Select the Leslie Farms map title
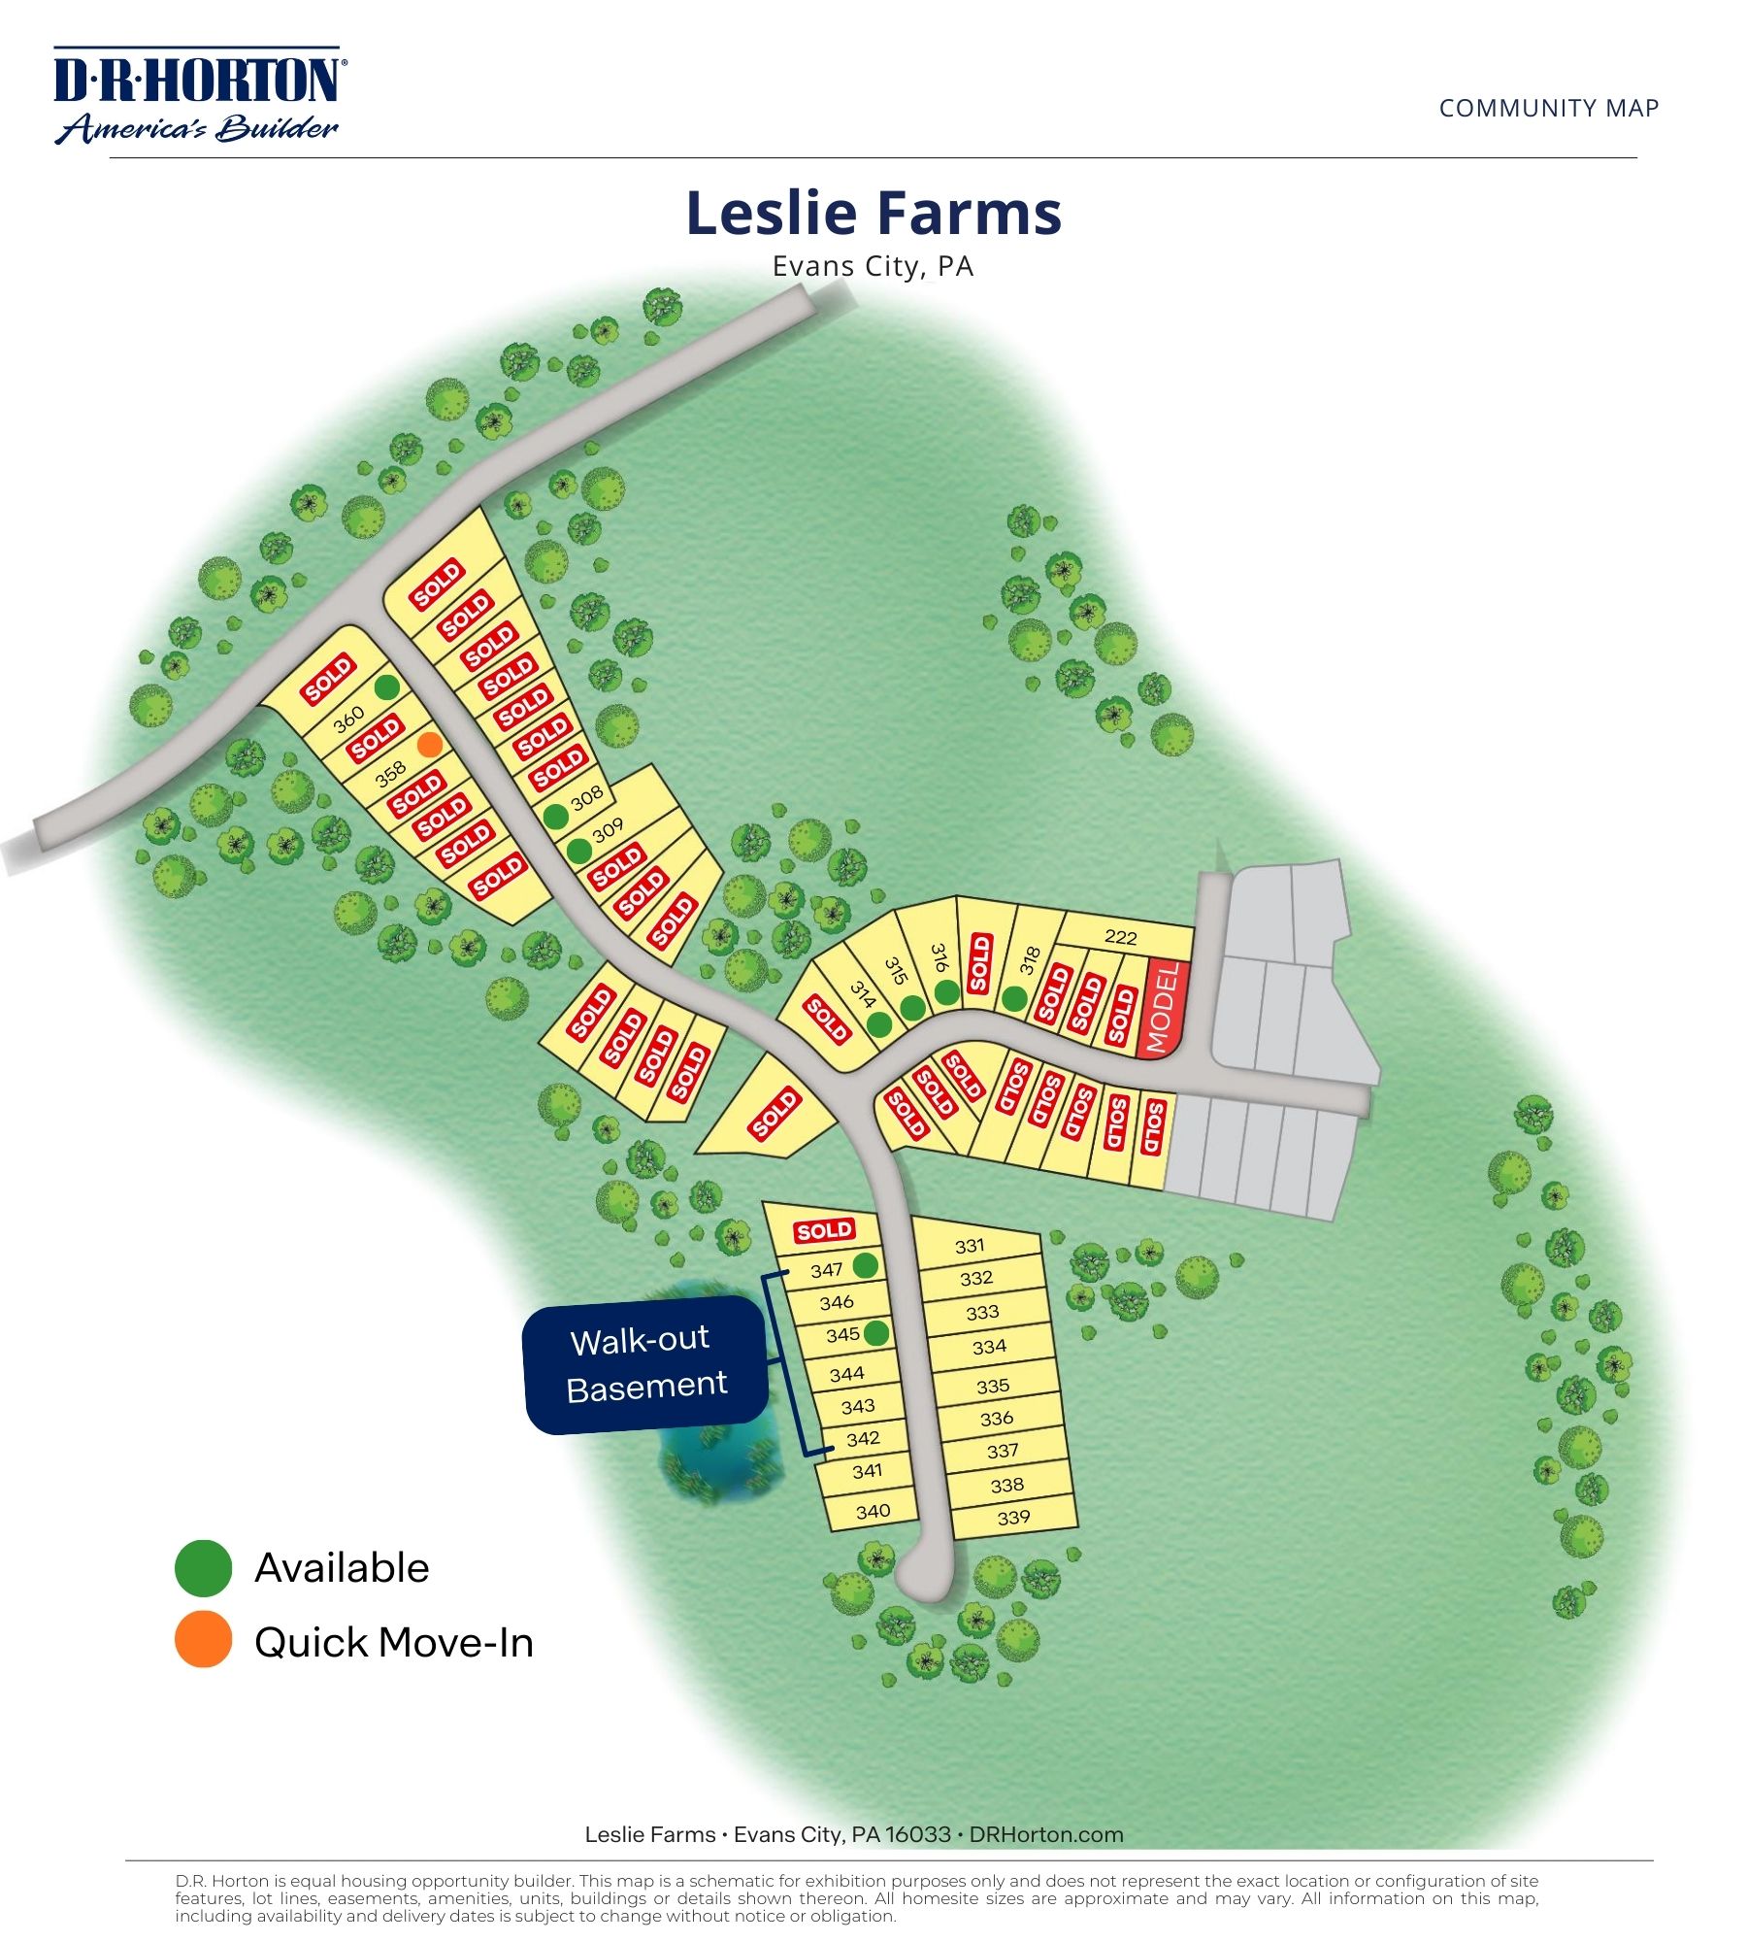873,213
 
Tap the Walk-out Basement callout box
646,1363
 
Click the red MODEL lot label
1163,1007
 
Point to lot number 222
1120,937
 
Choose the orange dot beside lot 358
430,745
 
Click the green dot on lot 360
387,687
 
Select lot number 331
970,1246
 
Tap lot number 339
1013,1517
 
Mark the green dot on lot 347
865,1265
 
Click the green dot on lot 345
875,1333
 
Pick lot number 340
873,1511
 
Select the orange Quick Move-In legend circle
203,1640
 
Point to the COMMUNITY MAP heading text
1548,108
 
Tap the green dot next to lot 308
555,817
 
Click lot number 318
1031,961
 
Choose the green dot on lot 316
947,992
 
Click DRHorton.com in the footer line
1045,1834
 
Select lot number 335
993,1386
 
